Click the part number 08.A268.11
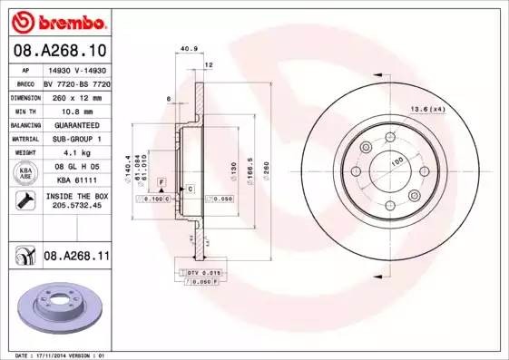[76, 258]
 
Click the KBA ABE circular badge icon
[26, 174]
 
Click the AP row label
[26, 69]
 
